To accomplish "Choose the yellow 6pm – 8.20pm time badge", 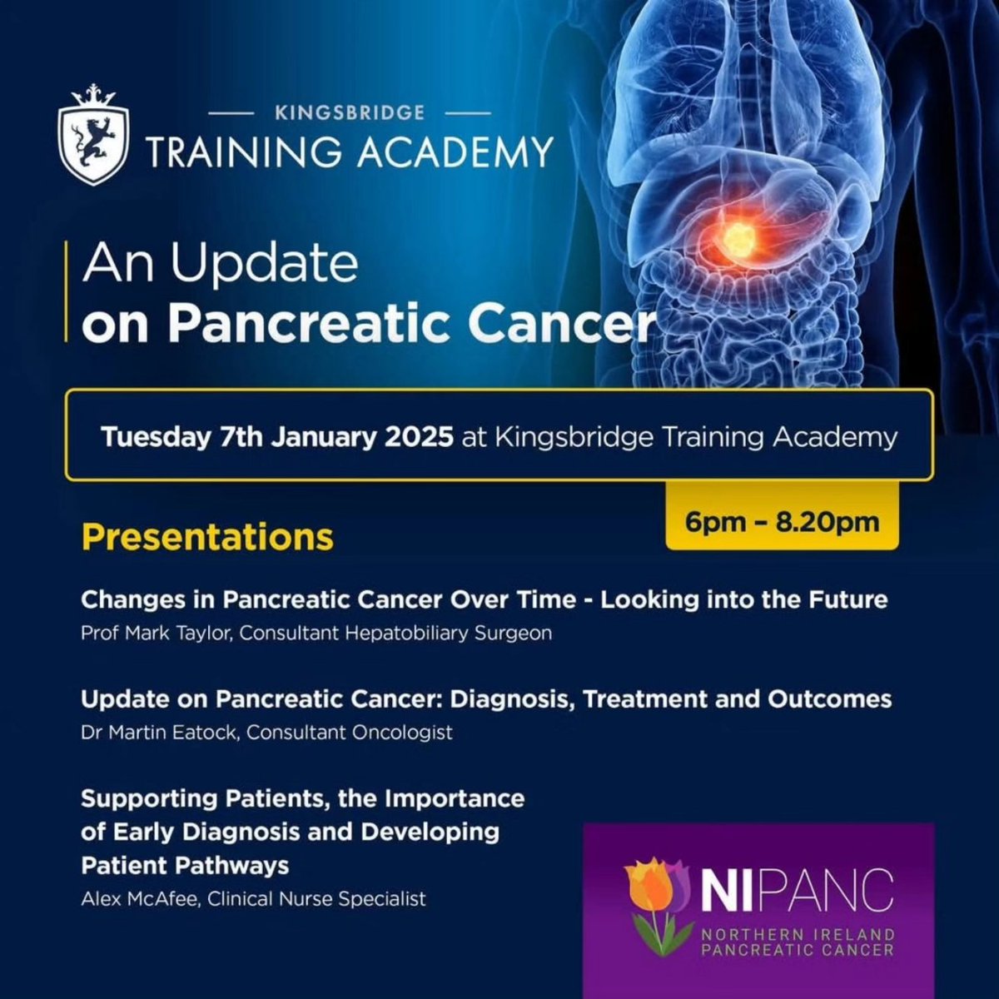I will pyautogui.click(x=782, y=522).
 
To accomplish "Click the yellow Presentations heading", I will pyautogui.click(x=207, y=537).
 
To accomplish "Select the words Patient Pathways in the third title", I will pyautogui.click(x=185, y=865).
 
